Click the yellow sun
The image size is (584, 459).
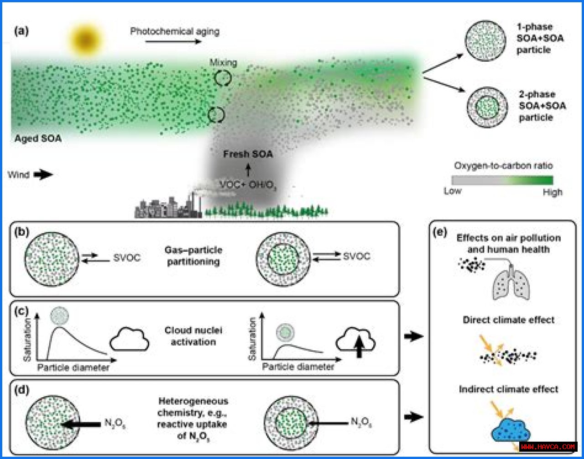85,40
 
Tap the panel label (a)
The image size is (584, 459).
21,32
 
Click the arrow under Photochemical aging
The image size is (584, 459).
173,42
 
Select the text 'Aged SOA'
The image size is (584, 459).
38,138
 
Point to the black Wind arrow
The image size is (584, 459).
43,174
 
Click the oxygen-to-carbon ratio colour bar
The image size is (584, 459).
502,179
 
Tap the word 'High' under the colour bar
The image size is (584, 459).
552,192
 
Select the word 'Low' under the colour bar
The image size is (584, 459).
453,191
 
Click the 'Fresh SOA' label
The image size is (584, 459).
248,154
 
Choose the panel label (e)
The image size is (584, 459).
439,233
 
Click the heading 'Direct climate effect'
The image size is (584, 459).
508,320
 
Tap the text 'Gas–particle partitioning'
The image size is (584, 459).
193,256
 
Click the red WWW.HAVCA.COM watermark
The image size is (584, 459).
548,446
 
